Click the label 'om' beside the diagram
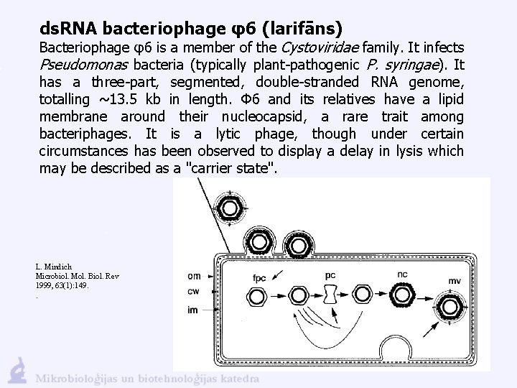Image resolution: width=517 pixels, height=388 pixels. tap(194, 276)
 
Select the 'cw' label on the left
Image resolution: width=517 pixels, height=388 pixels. tap(194, 291)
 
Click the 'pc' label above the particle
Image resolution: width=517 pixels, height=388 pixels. tap(330, 274)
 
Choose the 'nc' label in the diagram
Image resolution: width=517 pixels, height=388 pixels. tap(402, 274)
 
